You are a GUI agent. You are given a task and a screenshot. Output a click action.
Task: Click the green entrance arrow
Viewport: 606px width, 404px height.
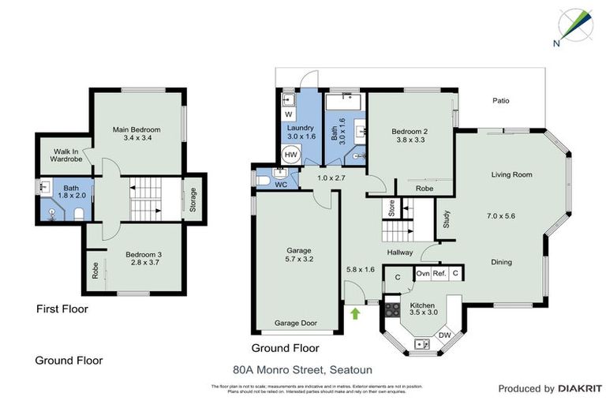[x=355, y=313]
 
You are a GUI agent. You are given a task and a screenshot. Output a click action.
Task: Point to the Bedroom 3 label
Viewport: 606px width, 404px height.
[x=144, y=254]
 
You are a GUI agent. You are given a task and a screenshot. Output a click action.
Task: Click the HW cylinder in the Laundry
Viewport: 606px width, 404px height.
[x=291, y=155]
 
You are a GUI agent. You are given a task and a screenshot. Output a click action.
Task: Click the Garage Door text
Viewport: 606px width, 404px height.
[x=296, y=324]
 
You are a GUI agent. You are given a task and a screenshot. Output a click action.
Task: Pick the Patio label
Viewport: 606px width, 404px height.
[x=501, y=101]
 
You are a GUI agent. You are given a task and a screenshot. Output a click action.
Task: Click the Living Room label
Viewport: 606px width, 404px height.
[x=511, y=174]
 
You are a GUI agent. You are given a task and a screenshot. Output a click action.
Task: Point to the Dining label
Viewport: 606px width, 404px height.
[x=501, y=262]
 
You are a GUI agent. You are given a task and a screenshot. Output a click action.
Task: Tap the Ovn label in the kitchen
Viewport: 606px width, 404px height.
[x=423, y=274]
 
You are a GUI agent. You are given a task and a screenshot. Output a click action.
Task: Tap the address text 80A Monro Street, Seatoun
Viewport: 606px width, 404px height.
[x=302, y=368]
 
